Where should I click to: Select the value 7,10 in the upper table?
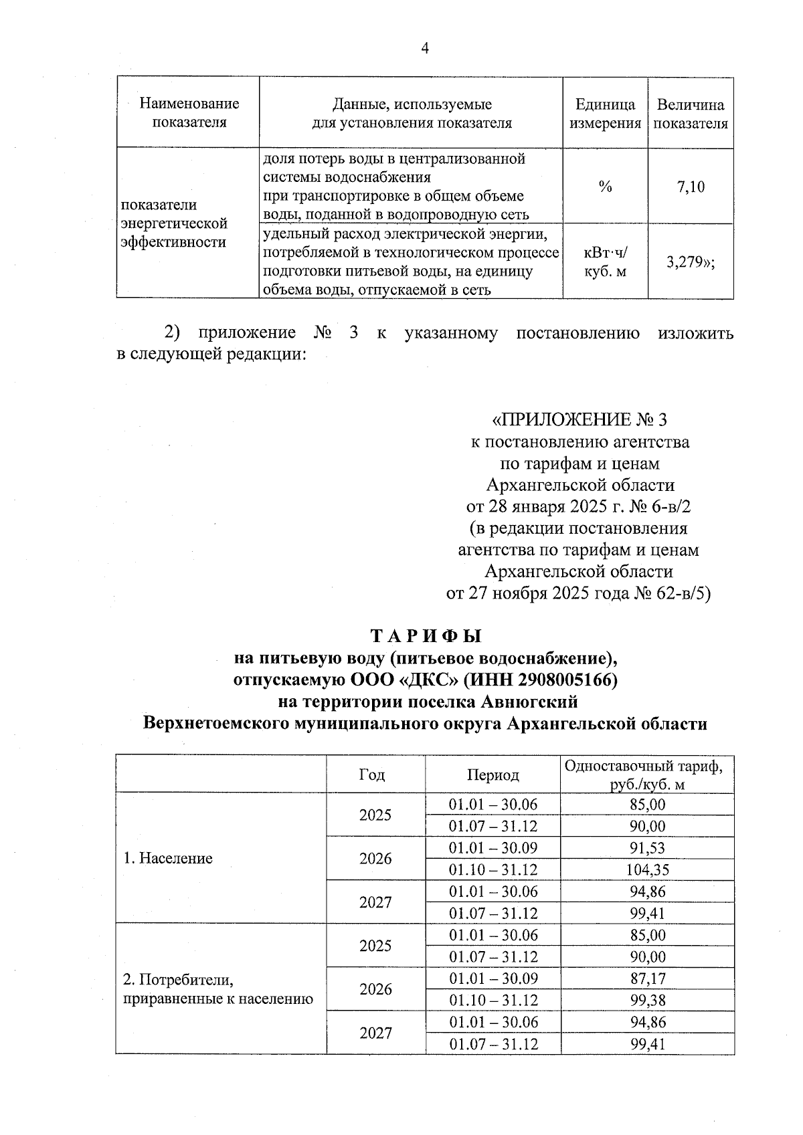tap(691, 187)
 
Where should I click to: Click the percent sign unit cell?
tap(605, 187)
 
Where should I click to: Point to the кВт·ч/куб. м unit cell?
tap(605, 262)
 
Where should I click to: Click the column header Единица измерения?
tap(605, 114)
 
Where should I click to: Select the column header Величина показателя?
tap(691, 114)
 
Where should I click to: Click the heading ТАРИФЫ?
tap(426, 635)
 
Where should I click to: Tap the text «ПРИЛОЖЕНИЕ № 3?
tap(579, 419)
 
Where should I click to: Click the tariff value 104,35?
tap(647, 869)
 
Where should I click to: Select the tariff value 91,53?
tap(647, 848)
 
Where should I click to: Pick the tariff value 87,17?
tap(647, 978)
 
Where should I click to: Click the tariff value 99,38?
tap(647, 1000)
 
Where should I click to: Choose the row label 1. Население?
tap(168, 858)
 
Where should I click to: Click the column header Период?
tap(493, 775)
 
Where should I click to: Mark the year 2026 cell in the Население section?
tap(375, 858)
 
